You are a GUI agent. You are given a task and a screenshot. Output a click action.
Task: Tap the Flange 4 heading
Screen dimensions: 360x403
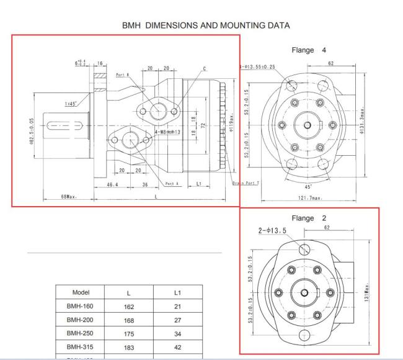[x=308, y=50]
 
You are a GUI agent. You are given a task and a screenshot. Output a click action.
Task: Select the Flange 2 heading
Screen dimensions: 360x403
[x=308, y=218]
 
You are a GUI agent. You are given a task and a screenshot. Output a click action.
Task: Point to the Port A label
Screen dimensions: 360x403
[x=174, y=183]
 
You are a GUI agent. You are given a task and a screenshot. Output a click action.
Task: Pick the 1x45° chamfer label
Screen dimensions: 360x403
[x=71, y=104]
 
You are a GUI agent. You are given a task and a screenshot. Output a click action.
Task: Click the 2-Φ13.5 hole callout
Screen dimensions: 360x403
[x=272, y=230]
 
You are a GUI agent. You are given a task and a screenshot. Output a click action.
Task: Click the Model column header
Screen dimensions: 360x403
[x=82, y=292]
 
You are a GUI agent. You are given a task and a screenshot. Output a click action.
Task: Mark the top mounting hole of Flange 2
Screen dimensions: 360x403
[x=304, y=250]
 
